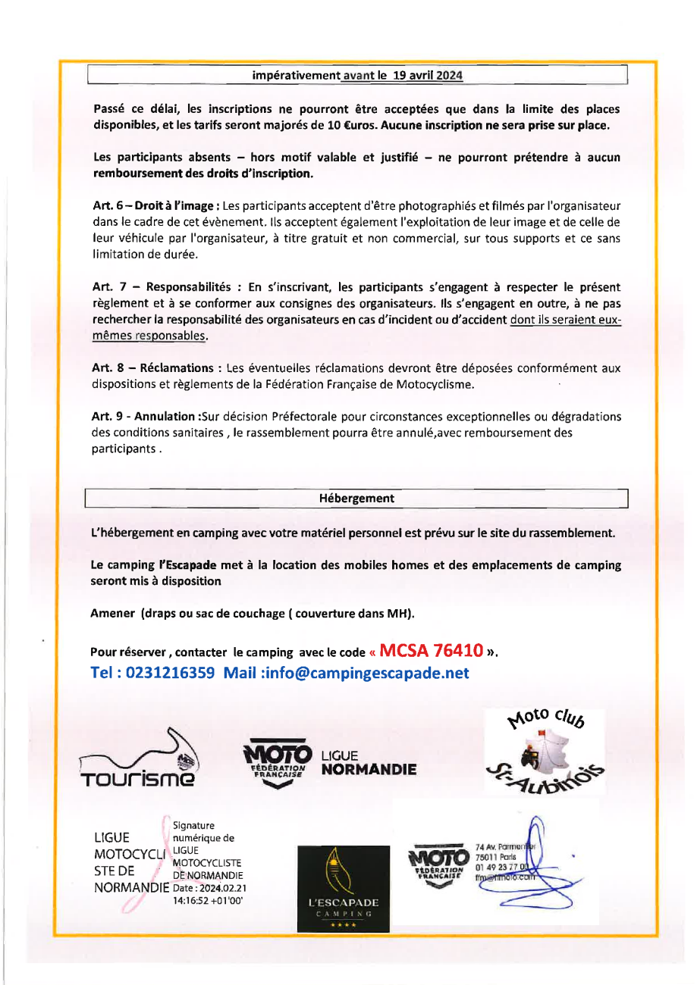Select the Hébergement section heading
pyautogui.click(x=356, y=499)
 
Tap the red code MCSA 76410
pyautogui.click(x=432, y=650)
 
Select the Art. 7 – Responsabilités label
pyautogui.click(x=161, y=287)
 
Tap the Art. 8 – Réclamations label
pyautogui.click(x=156, y=368)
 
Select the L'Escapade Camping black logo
pyautogui.click(x=343, y=887)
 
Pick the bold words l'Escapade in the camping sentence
pyautogui.click(x=187, y=565)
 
